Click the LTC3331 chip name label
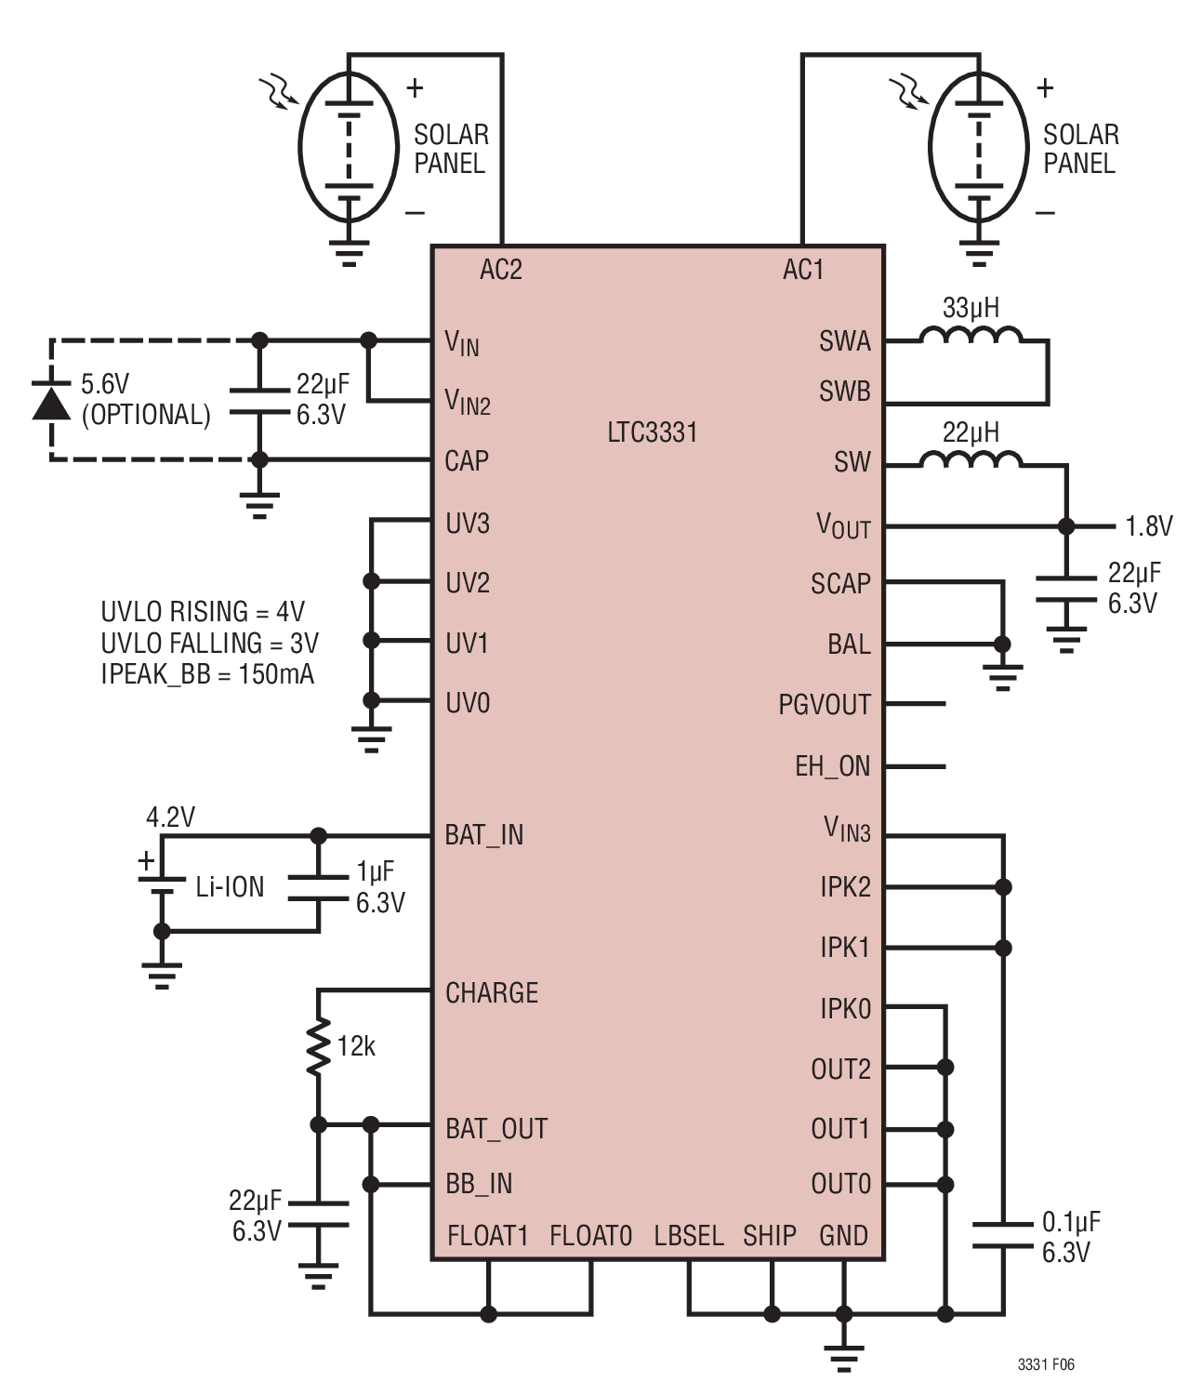[653, 432]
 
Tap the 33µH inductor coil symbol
[970, 335]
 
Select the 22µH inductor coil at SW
[970, 458]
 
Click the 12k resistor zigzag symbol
[318, 1046]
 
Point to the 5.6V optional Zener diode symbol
[51, 401]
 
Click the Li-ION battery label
[230, 887]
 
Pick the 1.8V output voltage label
[1149, 525]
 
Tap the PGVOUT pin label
[825, 705]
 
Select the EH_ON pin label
[832, 766]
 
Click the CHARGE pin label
[492, 992]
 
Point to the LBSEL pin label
[689, 1236]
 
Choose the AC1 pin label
[803, 270]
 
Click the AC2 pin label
[501, 270]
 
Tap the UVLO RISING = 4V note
[203, 611]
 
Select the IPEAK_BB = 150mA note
[207, 674]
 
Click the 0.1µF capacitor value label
[1071, 1221]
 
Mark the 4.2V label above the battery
[171, 817]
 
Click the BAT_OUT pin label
[496, 1128]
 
